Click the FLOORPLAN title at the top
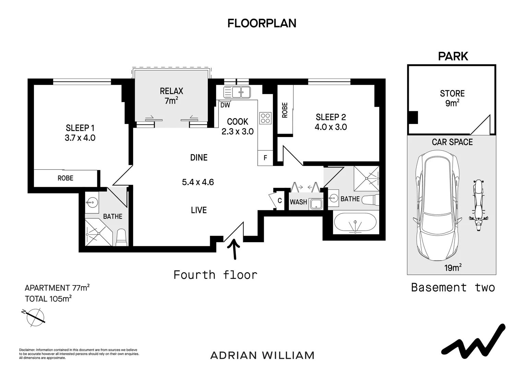coord(262,23)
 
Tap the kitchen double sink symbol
coord(237,92)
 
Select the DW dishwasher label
coord(225,105)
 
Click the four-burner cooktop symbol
coord(265,118)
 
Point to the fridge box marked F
coord(265,158)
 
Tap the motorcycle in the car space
coord(478,205)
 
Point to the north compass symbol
coord(35,317)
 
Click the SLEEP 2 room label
coord(331,117)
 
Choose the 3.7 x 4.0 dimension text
coord(80,138)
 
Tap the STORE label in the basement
coord(452,93)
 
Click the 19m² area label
coord(453,267)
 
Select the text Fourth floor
coord(215,275)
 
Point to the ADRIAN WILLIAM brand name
coord(262,355)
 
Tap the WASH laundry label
coord(298,202)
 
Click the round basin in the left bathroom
coord(91,202)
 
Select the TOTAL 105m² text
coord(48,299)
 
